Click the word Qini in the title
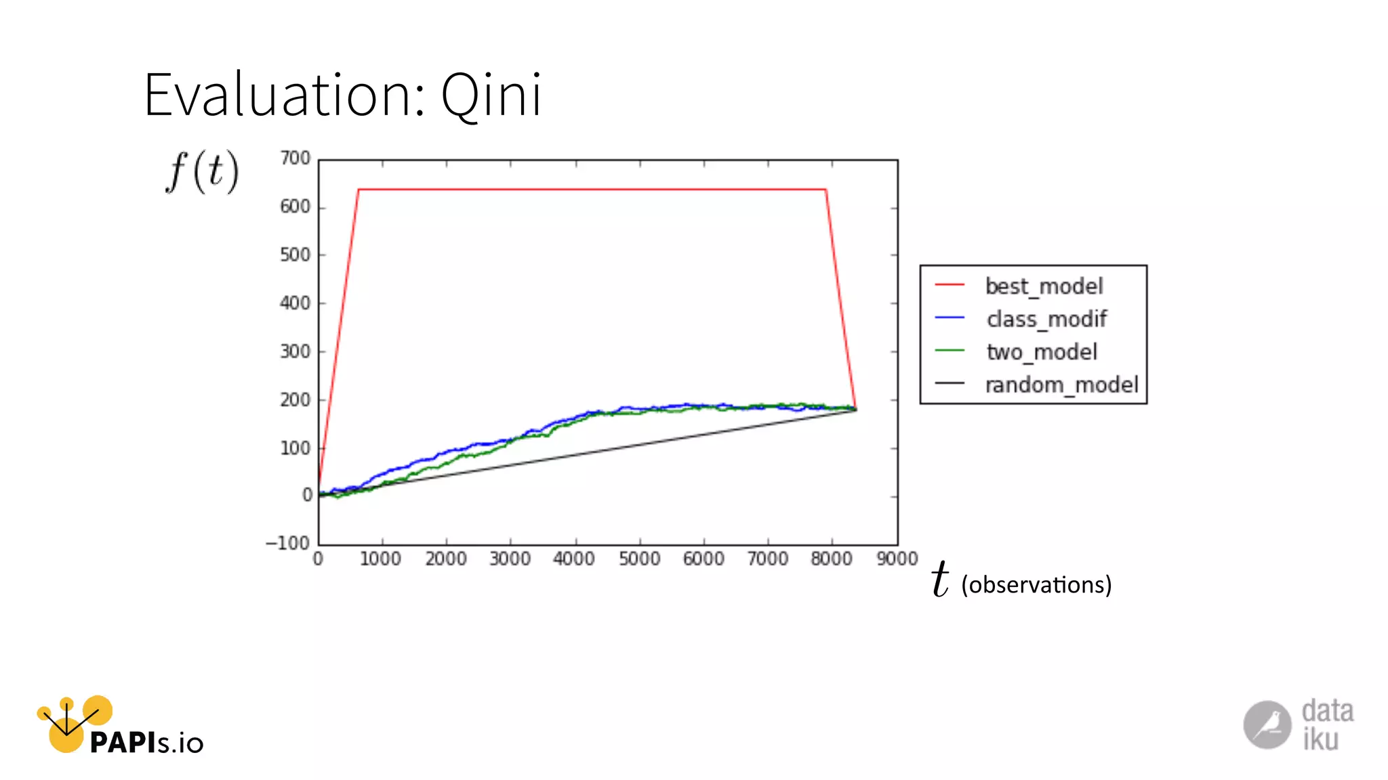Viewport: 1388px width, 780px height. pyautogui.click(x=491, y=95)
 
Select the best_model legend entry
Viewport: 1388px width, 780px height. pyautogui.click(x=1044, y=286)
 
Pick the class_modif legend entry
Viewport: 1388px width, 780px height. pyautogui.click(x=1046, y=319)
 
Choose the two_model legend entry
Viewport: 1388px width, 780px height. pyautogui.click(x=1042, y=352)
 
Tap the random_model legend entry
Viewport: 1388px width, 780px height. pyautogui.click(x=1061, y=385)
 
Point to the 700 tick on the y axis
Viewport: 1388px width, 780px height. pyautogui.click(x=295, y=158)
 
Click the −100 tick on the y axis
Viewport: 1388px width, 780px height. pyautogui.click(x=288, y=543)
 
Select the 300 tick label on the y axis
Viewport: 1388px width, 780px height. pyautogui.click(x=295, y=351)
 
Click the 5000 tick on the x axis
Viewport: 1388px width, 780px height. pyautogui.click(x=639, y=559)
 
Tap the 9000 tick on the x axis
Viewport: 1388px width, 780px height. pyautogui.click(x=897, y=559)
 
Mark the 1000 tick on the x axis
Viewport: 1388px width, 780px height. pyautogui.click(x=380, y=559)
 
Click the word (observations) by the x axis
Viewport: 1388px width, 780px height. pyautogui.click(x=1036, y=584)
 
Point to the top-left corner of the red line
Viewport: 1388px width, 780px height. pyautogui.click(x=359, y=190)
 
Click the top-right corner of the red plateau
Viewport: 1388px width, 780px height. pyautogui.click(x=825, y=190)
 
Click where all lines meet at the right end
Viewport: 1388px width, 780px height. pyautogui.click(x=855, y=409)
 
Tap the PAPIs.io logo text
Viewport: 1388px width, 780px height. pyautogui.click(x=146, y=743)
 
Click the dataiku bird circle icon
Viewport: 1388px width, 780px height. pyautogui.click(x=1267, y=724)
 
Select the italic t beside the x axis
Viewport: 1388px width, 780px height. pyautogui.click(x=940, y=580)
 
